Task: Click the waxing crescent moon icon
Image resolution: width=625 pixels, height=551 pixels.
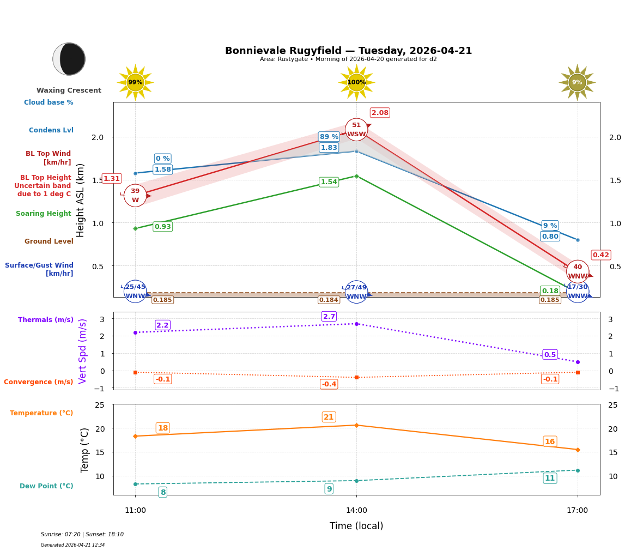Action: coord(69,59)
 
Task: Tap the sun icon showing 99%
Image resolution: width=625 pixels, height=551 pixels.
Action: coord(135,82)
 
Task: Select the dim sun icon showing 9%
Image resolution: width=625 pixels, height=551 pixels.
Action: coord(577,82)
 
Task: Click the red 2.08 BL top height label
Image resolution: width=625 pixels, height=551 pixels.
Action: coord(380,113)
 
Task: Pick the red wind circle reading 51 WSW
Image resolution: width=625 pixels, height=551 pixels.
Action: coord(356,130)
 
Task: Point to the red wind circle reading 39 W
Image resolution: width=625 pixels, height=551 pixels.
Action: coord(135,196)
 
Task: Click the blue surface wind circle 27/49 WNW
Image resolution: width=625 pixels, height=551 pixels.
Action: coord(356,292)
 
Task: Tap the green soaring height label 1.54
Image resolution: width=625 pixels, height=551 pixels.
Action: coord(329,182)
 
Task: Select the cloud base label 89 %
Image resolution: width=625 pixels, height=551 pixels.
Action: coord(329,137)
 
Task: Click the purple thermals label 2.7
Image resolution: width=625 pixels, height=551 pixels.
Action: coord(329,317)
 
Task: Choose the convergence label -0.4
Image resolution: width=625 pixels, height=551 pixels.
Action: coord(329,384)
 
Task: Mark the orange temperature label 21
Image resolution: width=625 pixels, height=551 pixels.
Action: coord(329,417)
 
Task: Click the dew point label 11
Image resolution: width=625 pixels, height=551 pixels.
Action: coord(550,478)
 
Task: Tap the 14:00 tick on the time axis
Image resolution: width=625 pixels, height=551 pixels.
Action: coord(356,510)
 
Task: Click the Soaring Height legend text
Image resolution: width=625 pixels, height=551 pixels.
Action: coord(44,214)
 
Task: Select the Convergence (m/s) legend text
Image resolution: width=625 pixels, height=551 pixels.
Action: coord(39,382)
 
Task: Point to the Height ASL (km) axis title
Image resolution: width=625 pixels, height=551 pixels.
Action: coord(81,200)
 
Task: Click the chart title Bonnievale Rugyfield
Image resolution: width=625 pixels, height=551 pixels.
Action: coord(348,51)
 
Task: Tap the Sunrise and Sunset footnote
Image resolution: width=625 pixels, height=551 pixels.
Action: coord(82,535)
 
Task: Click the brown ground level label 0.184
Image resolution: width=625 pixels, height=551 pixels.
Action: coord(329,300)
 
